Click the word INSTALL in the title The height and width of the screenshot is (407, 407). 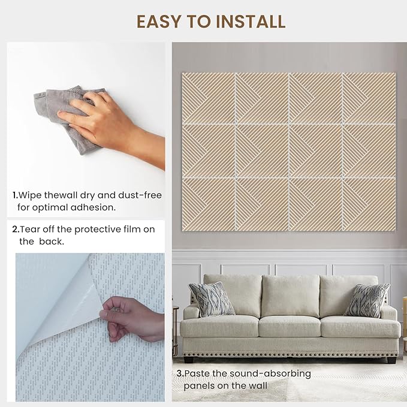tap(251, 22)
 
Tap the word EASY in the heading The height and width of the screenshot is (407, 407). tap(158, 22)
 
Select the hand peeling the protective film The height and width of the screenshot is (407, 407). tap(132, 319)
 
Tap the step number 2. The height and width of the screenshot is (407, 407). tap(16, 230)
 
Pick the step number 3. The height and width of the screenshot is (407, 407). tap(180, 373)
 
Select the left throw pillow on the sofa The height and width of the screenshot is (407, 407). tap(211, 299)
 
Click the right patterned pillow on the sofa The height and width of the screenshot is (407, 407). tap(367, 300)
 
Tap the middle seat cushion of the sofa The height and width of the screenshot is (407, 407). tap(290, 327)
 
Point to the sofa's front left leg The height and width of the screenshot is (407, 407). tap(188, 360)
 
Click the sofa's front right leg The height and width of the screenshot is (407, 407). tap(391, 360)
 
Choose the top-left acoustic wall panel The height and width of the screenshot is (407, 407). tap(209, 98)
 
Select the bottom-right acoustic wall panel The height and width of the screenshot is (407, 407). tap(370, 204)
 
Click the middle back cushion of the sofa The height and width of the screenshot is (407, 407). tap(291, 296)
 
